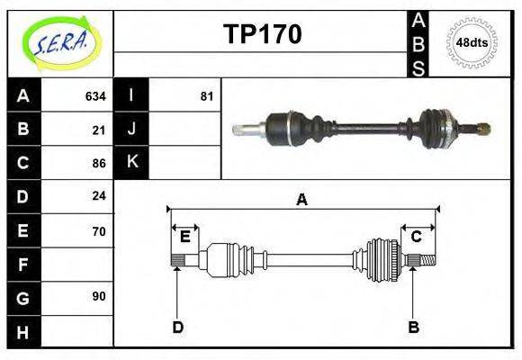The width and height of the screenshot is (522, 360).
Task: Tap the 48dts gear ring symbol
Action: click(x=472, y=42)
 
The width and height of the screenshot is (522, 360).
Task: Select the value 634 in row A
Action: click(x=95, y=95)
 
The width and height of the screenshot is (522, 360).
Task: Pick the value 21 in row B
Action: click(x=99, y=130)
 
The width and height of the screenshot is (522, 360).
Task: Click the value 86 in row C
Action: click(x=99, y=163)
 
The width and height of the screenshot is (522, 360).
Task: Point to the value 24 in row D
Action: click(x=99, y=196)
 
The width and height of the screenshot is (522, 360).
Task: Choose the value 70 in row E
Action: click(x=99, y=230)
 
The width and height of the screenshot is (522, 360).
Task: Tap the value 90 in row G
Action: click(x=99, y=296)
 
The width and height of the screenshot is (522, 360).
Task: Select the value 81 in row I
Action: click(x=207, y=95)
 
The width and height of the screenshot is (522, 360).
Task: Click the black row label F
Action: click(x=23, y=264)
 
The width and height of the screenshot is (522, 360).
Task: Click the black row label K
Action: click(x=132, y=162)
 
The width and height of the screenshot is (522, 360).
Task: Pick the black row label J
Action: click(x=132, y=129)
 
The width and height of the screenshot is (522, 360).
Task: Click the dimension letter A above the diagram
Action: click(x=302, y=200)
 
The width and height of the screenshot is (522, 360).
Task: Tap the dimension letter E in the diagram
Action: click(x=184, y=237)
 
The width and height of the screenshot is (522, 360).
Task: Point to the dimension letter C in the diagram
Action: click(x=417, y=237)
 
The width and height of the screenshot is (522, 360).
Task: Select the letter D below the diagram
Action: click(x=177, y=327)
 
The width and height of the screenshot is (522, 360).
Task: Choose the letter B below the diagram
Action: click(x=414, y=327)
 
